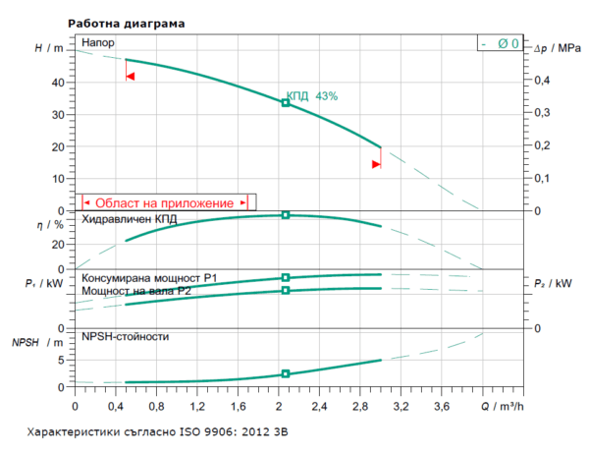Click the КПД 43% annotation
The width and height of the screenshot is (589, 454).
click(312, 96)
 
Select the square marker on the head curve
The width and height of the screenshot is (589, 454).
click(286, 102)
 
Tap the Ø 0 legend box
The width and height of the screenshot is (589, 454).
click(501, 43)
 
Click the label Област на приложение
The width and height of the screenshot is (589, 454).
click(164, 202)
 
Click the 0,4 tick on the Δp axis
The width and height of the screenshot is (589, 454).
click(541, 82)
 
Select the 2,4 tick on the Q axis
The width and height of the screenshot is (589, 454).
click(317, 405)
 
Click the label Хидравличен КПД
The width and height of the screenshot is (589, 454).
click(130, 220)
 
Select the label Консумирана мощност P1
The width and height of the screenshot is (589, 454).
click(149, 278)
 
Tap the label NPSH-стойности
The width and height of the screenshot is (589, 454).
click(126, 337)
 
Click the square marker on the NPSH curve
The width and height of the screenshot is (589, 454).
click(286, 373)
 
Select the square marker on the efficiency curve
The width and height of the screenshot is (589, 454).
click(286, 214)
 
